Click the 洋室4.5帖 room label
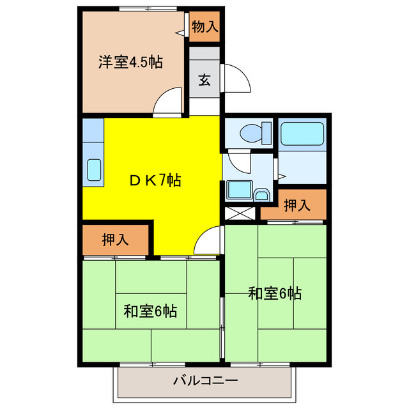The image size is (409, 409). click(130, 62)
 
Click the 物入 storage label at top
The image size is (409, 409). click(204, 27)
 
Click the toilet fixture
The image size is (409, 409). click(251, 134)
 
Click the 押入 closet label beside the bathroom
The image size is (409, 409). click(297, 206)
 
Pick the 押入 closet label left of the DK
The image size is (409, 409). click(116, 240)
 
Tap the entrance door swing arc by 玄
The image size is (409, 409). click(235, 78)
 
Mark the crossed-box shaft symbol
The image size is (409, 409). click(239, 214)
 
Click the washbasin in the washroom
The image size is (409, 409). click(262, 194)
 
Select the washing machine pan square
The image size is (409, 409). click(238, 190)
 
